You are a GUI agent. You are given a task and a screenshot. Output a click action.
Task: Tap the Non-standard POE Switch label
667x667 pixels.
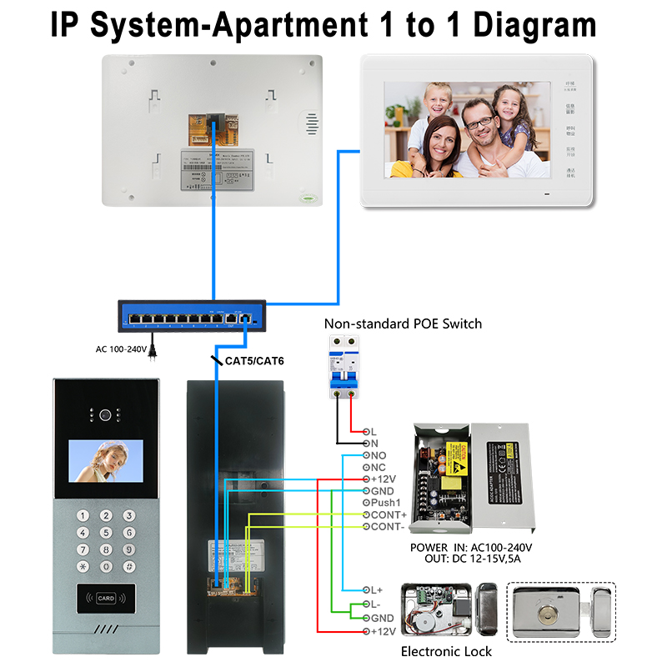(403, 323)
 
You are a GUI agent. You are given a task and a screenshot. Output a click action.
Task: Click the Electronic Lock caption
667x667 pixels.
(447, 651)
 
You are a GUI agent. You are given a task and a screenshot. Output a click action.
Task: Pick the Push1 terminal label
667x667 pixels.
(386, 503)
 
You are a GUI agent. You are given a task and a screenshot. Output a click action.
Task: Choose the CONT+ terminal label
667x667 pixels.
(389, 515)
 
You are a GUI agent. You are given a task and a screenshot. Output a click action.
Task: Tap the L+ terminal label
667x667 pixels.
(375, 589)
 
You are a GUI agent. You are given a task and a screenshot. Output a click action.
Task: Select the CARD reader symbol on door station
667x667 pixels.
(105, 598)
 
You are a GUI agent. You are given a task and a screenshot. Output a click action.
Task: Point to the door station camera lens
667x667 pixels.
(105, 414)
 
